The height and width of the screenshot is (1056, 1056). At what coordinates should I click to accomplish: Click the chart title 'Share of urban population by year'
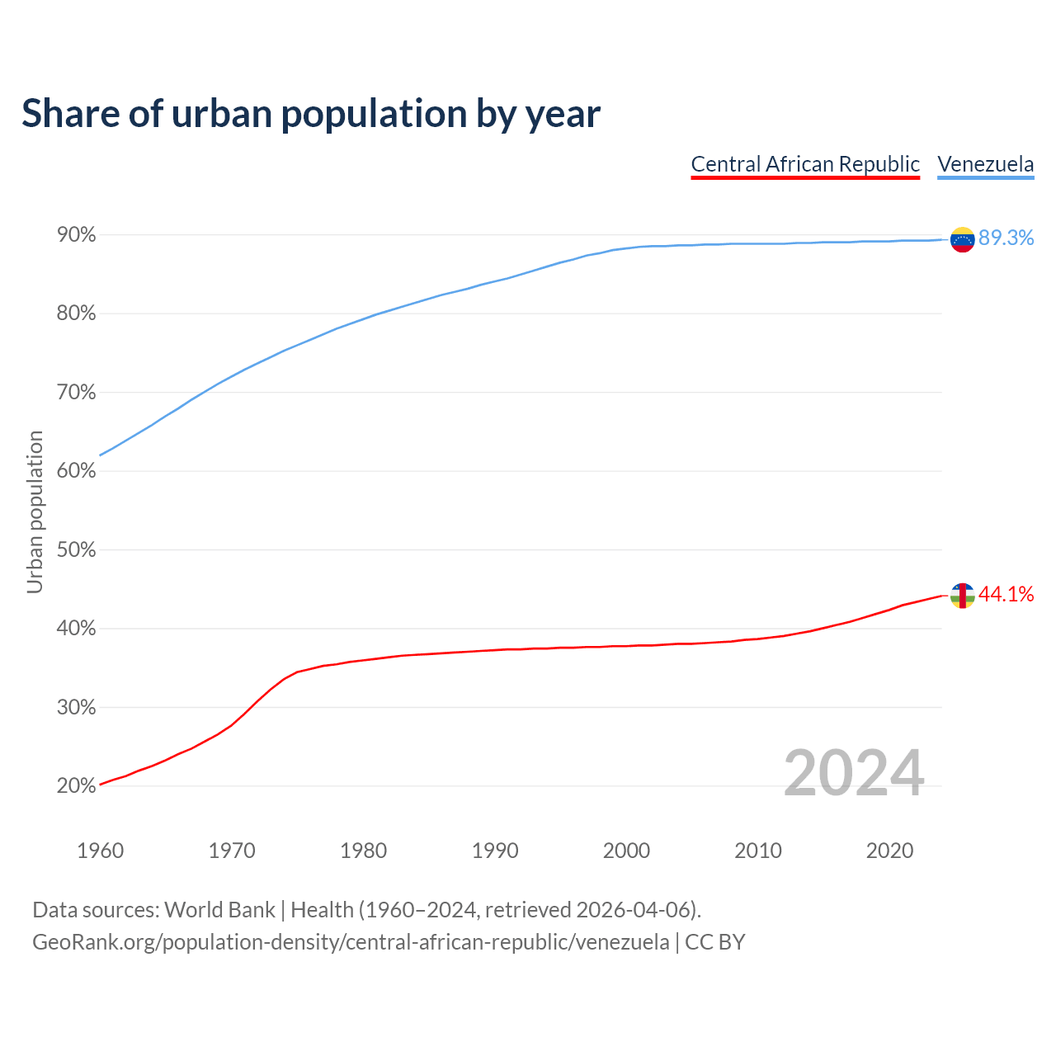311,114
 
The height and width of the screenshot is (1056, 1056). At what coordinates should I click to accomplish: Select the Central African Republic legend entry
805,164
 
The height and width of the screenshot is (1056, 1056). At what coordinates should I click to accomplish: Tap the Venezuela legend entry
985,164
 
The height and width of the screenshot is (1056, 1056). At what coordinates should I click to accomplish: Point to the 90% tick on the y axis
77,235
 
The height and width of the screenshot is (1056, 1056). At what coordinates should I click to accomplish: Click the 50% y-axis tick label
77,550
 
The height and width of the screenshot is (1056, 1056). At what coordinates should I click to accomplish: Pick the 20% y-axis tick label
77,786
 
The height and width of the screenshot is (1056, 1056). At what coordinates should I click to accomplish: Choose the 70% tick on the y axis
77,393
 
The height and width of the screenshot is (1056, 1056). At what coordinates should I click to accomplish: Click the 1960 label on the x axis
100,851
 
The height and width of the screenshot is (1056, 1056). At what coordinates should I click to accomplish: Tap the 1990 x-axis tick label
495,851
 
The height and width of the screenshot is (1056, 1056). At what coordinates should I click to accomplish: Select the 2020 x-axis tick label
889,851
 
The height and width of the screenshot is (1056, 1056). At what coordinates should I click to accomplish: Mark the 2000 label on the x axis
626,851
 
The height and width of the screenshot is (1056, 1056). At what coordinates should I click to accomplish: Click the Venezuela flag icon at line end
962,239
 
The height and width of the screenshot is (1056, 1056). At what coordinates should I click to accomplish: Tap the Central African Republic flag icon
962,595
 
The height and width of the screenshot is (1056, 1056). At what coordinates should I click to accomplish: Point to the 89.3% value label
1006,238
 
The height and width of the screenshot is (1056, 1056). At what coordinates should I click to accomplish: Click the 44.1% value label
1006,595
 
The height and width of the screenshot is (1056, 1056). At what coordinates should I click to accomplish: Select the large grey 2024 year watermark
854,773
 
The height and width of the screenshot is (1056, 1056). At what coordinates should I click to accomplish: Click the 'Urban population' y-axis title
35,511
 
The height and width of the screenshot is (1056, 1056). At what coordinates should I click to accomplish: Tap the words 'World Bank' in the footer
219,910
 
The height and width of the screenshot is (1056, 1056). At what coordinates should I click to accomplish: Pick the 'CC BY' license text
715,942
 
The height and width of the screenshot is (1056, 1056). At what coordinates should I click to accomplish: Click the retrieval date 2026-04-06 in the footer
633,910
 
